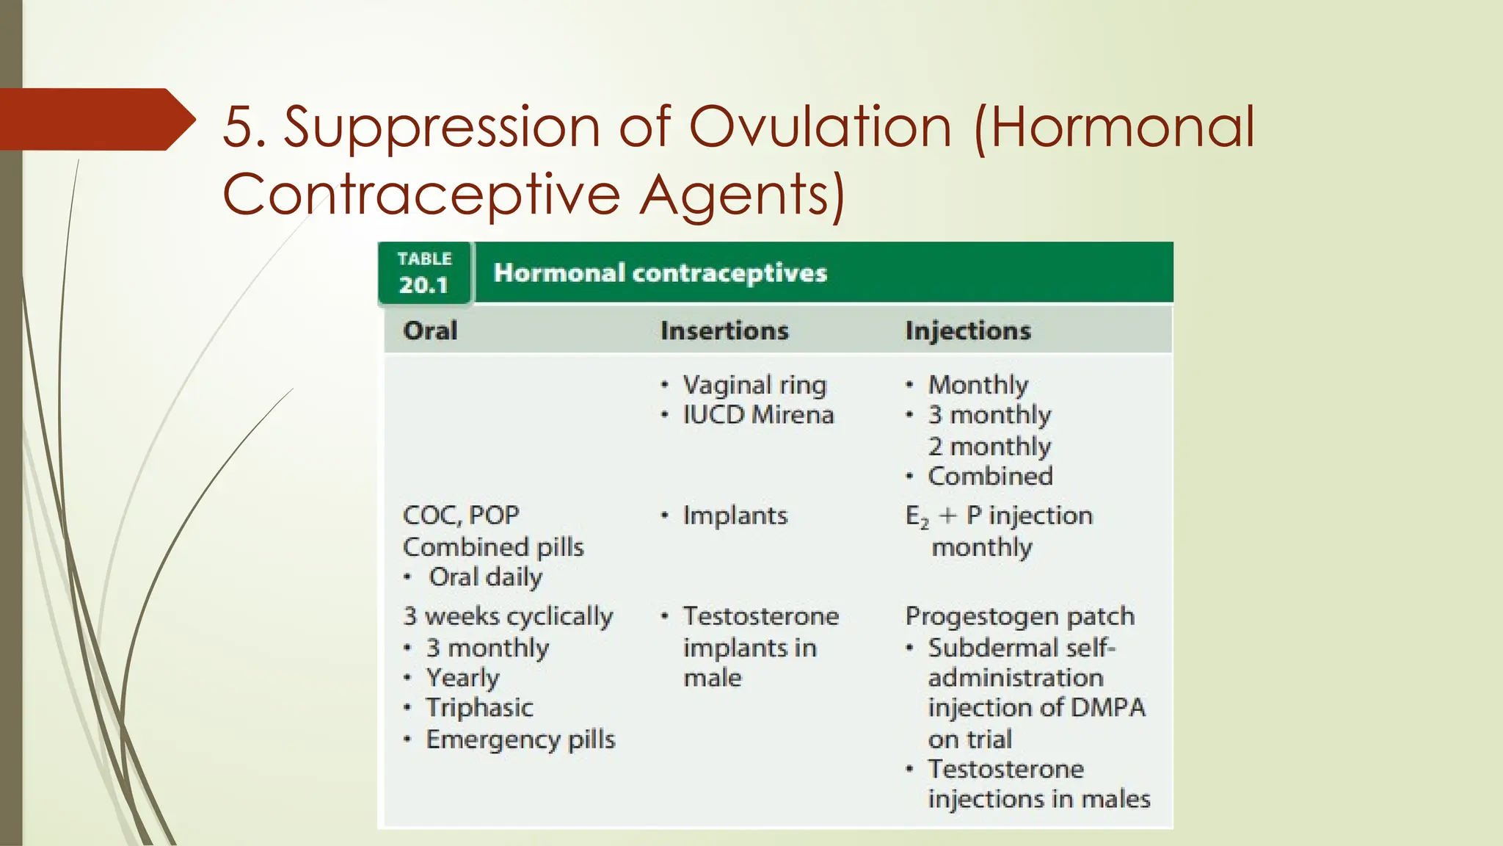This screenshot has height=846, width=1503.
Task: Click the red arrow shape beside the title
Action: pyautogui.click(x=95, y=119)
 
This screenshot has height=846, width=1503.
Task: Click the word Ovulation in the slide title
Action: pyautogui.click(x=820, y=127)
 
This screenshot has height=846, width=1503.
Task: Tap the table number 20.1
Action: pyautogui.click(x=423, y=284)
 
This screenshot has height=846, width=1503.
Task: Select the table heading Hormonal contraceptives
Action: pyautogui.click(x=660, y=272)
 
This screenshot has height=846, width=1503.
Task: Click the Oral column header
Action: pyautogui.click(x=430, y=330)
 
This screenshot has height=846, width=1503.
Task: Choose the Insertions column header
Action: pyautogui.click(x=724, y=330)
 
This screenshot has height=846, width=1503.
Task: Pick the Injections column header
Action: pyautogui.click(x=967, y=330)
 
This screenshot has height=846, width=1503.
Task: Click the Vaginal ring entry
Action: pyautogui.click(x=754, y=385)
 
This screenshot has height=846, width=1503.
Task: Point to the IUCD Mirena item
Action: pyautogui.click(x=758, y=415)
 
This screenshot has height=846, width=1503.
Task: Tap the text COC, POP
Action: pyautogui.click(x=461, y=515)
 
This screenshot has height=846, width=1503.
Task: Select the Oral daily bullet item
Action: pyautogui.click(x=485, y=576)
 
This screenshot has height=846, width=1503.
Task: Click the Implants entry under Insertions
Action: pyautogui.click(x=735, y=515)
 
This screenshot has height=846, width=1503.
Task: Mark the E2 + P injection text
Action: pyautogui.click(x=999, y=516)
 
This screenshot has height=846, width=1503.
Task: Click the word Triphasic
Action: pyautogui.click(x=479, y=707)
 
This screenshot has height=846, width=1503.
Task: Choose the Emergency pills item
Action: pyautogui.click(x=520, y=739)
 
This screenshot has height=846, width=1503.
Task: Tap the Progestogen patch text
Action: pyautogui.click(x=1019, y=615)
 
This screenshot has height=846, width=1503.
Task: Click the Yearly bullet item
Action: pyautogui.click(x=462, y=677)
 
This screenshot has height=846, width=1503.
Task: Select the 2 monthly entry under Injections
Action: pyautogui.click(x=989, y=446)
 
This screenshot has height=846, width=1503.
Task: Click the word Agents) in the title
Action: pyautogui.click(x=742, y=195)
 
